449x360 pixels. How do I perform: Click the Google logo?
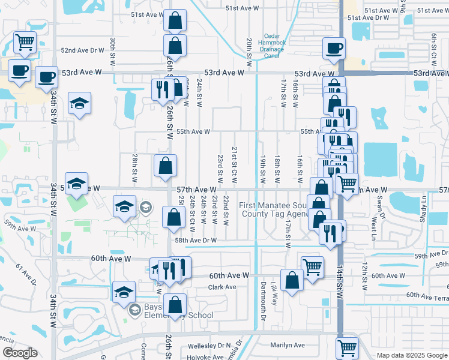(x=19, y=353)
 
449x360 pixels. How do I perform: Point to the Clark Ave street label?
(x=222, y=287)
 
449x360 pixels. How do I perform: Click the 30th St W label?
(x=112, y=52)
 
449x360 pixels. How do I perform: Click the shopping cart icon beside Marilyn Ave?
(x=348, y=347)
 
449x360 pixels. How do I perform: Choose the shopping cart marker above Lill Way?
(x=312, y=266)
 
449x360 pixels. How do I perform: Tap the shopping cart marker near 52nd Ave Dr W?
(x=25, y=42)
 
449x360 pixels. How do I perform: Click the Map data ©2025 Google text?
(x=411, y=355)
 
